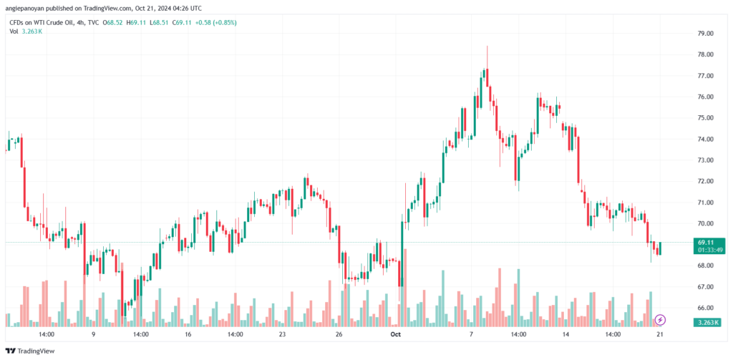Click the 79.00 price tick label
pyautogui.click(x=705, y=34)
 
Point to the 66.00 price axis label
pyautogui.click(x=705, y=308)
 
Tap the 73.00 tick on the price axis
pyautogui.click(x=705, y=160)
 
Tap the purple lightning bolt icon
pyautogui.click(x=660, y=320)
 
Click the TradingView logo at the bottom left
pyautogui.click(x=30, y=351)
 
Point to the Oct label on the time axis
pyautogui.click(x=396, y=334)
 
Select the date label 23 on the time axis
pyautogui.click(x=282, y=334)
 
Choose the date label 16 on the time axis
pyautogui.click(x=188, y=334)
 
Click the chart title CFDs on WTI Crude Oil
pyautogui.click(x=40, y=22)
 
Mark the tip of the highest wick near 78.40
pyautogui.click(x=487, y=46)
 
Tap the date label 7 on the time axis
pyautogui.click(x=471, y=334)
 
